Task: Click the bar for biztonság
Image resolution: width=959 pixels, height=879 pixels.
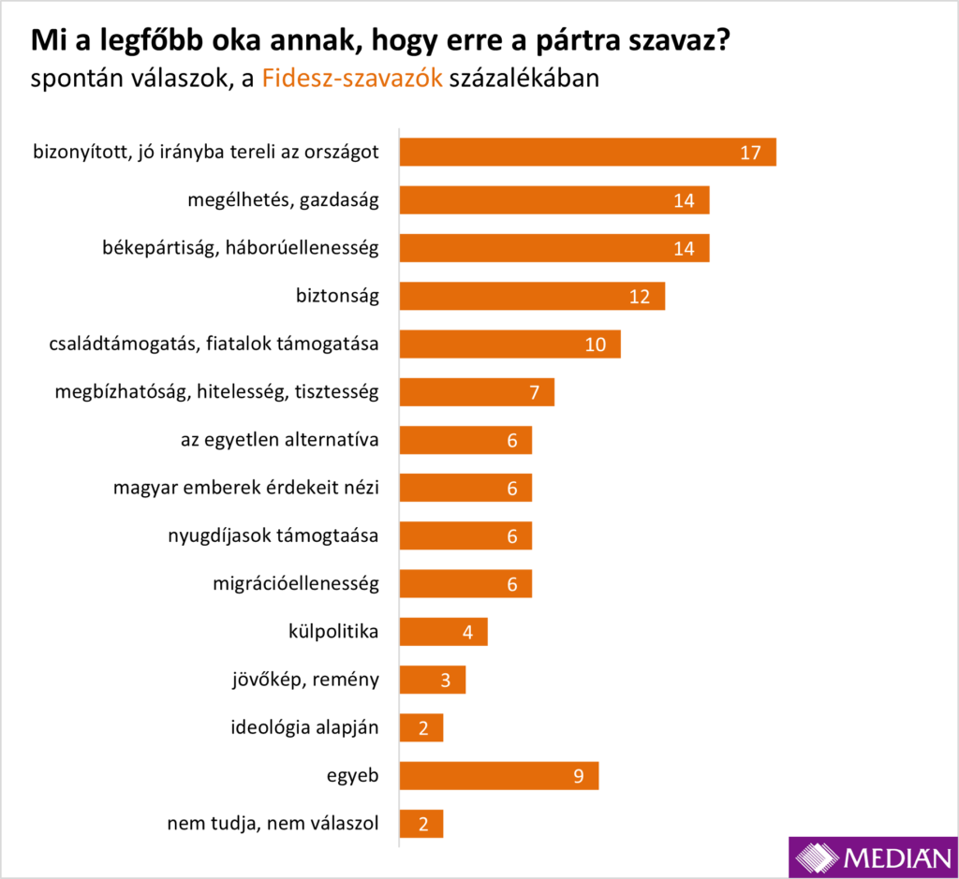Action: (532, 296)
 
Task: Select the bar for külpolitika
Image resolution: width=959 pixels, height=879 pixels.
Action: (443, 631)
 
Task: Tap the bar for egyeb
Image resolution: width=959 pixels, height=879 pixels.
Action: (498, 775)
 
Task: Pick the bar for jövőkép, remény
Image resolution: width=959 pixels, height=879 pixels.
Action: (432, 680)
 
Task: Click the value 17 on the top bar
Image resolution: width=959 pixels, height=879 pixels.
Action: (750, 152)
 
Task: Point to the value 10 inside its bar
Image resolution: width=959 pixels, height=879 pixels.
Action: (596, 344)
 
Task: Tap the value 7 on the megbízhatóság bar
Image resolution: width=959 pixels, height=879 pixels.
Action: (535, 392)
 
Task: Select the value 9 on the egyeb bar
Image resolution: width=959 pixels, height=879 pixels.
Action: (579, 775)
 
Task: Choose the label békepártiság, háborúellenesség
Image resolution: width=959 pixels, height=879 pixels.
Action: (240, 247)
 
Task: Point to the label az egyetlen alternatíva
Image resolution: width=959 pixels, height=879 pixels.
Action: (279, 439)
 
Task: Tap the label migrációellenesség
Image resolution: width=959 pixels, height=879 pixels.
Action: (296, 583)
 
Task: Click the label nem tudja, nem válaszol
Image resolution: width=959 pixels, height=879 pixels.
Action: (273, 824)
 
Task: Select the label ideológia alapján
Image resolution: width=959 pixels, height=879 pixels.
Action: (304, 727)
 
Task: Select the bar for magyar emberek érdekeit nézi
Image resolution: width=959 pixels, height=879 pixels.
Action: (465, 488)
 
